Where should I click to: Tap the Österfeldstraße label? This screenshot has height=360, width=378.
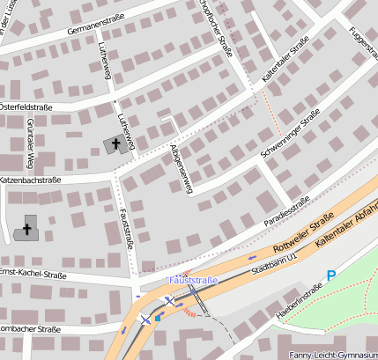26,107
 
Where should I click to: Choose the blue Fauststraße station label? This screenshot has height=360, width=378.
193,280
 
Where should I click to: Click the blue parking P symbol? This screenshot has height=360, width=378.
331,276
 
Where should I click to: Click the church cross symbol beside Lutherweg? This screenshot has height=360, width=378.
117,143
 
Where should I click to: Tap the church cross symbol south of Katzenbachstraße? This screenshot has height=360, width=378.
27,230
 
